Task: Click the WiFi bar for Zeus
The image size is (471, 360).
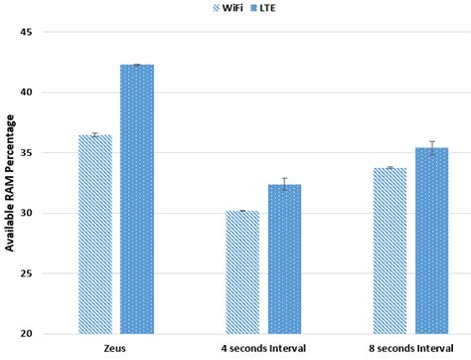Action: pyautogui.click(x=95, y=235)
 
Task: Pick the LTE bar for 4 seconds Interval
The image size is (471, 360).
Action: pyautogui.click(x=284, y=260)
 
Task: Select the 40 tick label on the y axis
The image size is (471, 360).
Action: pyautogui.click(x=26, y=92)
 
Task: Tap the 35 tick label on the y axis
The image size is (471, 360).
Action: pyautogui.click(x=26, y=153)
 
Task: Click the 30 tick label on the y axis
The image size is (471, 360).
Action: pyautogui.click(x=26, y=213)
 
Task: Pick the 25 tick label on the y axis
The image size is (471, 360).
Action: pyautogui.click(x=26, y=273)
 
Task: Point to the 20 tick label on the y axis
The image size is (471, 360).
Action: pyautogui.click(x=26, y=334)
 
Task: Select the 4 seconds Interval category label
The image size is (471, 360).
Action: pyautogui.click(x=263, y=349)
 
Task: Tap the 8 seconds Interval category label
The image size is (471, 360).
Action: pyautogui.click(x=410, y=349)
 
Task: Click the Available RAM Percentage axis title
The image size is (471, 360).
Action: pyautogui.click(x=9, y=183)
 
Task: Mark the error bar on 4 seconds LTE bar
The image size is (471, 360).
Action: pyautogui.click(x=284, y=184)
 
